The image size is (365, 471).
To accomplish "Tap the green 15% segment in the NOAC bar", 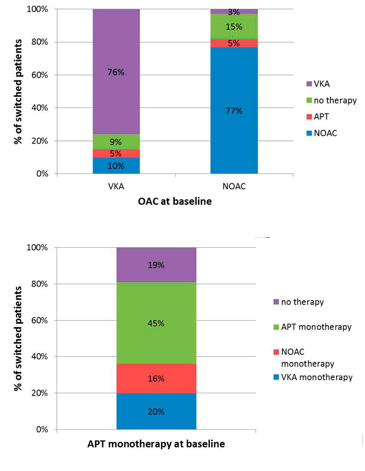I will point(234,27).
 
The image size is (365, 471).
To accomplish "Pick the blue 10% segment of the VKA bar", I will point(116,166).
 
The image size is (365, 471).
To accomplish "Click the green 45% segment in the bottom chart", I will point(156,323).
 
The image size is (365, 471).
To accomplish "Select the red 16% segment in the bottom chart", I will point(156,378).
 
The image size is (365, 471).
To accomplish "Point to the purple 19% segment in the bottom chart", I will point(156,265).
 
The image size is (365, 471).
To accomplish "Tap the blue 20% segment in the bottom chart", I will point(156,412).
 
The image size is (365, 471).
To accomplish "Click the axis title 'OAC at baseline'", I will point(175,201).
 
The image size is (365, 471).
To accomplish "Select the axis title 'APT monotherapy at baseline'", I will point(156,444).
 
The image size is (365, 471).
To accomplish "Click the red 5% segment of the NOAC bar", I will point(234,43).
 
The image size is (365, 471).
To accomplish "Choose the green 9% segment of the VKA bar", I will point(116,141).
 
